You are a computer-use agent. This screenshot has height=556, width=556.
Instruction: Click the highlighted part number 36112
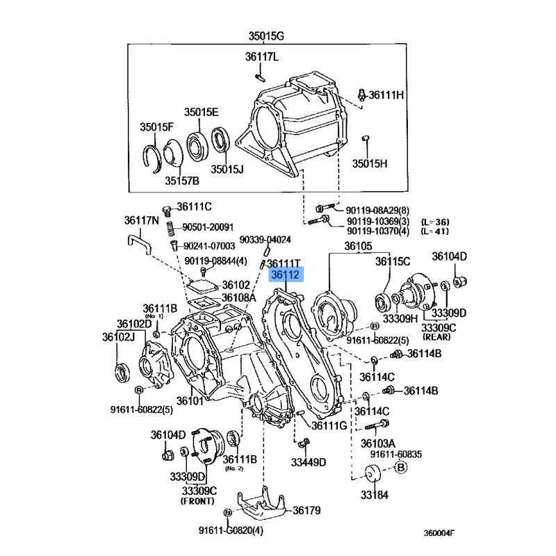click(286, 275)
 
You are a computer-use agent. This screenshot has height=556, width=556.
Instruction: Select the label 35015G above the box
click(266, 36)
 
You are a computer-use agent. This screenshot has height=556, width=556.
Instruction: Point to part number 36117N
click(142, 220)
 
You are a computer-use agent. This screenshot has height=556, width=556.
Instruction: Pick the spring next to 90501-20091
click(170, 229)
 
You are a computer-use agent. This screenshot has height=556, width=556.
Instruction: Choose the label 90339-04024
click(265, 239)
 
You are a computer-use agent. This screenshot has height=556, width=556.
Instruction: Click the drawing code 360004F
click(439, 533)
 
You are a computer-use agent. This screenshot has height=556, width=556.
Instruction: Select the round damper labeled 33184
click(372, 473)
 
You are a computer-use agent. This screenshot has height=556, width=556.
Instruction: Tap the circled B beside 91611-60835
click(401, 467)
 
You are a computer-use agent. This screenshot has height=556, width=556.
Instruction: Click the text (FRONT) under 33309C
click(197, 501)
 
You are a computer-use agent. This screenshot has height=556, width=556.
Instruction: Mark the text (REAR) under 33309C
click(436, 336)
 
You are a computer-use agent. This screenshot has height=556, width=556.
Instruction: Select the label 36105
click(358, 246)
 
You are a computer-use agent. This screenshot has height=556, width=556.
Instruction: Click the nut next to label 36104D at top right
click(460, 281)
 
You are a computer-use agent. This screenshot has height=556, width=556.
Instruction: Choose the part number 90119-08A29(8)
click(377, 211)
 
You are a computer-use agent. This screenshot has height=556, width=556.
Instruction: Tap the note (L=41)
click(435, 231)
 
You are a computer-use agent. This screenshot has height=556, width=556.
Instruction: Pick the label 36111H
click(386, 95)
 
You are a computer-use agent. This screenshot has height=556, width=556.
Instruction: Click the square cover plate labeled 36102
click(202, 286)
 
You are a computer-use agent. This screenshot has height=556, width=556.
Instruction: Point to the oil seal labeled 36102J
click(122, 373)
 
